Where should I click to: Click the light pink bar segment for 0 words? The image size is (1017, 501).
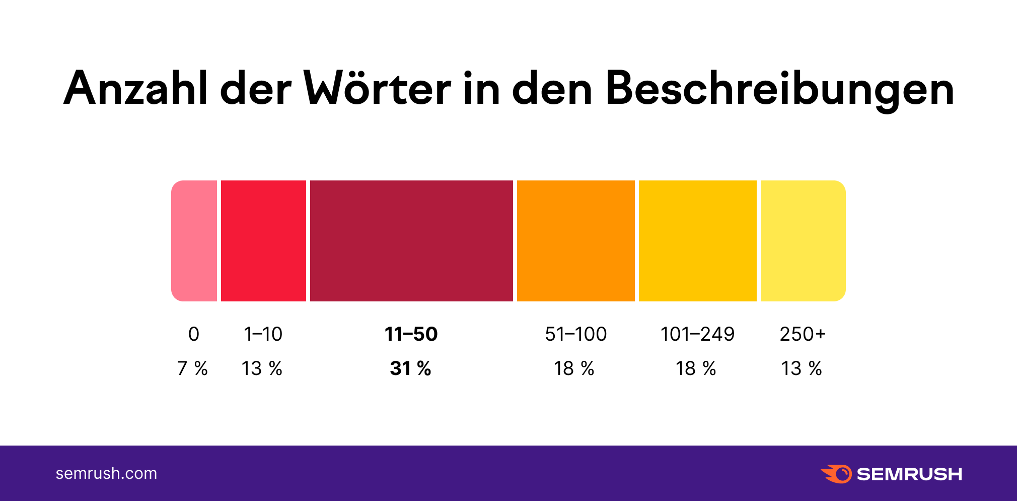click(x=194, y=241)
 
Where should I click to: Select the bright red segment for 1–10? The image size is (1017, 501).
click(x=263, y=241)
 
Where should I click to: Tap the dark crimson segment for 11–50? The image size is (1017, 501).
click(x=411, y=241)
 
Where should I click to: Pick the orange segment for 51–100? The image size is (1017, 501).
click(x=575, y=241)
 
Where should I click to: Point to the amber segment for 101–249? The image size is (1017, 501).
click(x=697, y=241)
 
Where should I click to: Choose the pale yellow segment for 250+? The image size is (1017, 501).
click(x=803, y=241)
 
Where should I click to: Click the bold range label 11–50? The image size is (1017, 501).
click(x=411, y=334)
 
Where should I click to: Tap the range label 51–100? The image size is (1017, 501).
click(x=575, y=334)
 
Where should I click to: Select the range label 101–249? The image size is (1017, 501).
click(x=697, y=334)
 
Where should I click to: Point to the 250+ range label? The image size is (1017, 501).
click(x=803, y=334)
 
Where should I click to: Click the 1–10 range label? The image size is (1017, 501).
click(x=263, y=334)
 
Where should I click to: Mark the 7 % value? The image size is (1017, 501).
click(x=192, y=368)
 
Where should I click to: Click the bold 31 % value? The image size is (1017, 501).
click(x=410, y=368)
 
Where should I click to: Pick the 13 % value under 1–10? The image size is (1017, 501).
click(x=262, y=368)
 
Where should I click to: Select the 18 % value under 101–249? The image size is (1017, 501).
click(x=696, y=368)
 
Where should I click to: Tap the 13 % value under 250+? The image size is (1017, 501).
click(x=802, y=368)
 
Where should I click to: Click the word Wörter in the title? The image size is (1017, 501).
click(x=378, y=89)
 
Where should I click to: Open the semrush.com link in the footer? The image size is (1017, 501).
click(x=106, y=473)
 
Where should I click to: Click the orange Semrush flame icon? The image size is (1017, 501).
click(x=836, y=474)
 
